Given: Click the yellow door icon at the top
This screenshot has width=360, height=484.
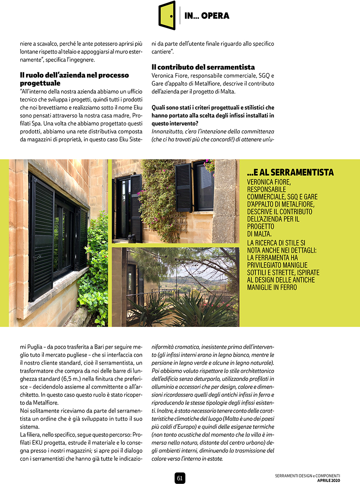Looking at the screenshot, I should point(167,16).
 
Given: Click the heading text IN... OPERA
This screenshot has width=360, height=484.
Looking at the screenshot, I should point(207,16).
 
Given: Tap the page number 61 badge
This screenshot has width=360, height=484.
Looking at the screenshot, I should point(180,478).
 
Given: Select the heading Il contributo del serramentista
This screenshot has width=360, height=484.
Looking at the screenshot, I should point(203,67).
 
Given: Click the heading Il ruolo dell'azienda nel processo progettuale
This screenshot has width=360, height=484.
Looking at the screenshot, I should point(74,79).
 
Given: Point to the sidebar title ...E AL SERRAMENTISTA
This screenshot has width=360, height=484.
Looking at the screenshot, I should point(290,173).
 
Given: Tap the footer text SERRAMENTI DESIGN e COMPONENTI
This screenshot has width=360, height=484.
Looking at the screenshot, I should point(307,476).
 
